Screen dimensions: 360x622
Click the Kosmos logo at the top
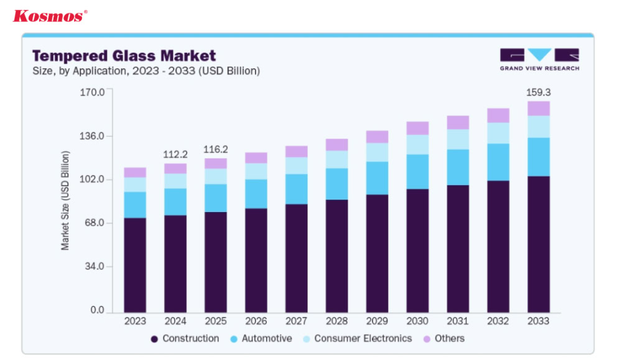coord(50,16)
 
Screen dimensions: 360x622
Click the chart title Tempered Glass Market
coord(124,56)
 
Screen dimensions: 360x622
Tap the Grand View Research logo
coord(539,60)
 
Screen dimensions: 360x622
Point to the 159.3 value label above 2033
coord(539,92)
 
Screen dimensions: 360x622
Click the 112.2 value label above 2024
coord(175,154)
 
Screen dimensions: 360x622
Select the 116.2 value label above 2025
coord(216,149)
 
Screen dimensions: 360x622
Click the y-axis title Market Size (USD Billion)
coord(65,201)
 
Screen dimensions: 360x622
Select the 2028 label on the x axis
coord(337,321)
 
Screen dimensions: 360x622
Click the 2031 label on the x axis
coord(458,321)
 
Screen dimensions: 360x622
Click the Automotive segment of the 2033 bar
coord(539,157)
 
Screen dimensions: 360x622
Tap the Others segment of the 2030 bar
coord(417,128)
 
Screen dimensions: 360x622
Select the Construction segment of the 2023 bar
coord(135,265)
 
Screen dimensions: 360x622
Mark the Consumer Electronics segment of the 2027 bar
coord(296,165)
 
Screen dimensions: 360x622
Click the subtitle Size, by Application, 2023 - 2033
coord(146,71)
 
